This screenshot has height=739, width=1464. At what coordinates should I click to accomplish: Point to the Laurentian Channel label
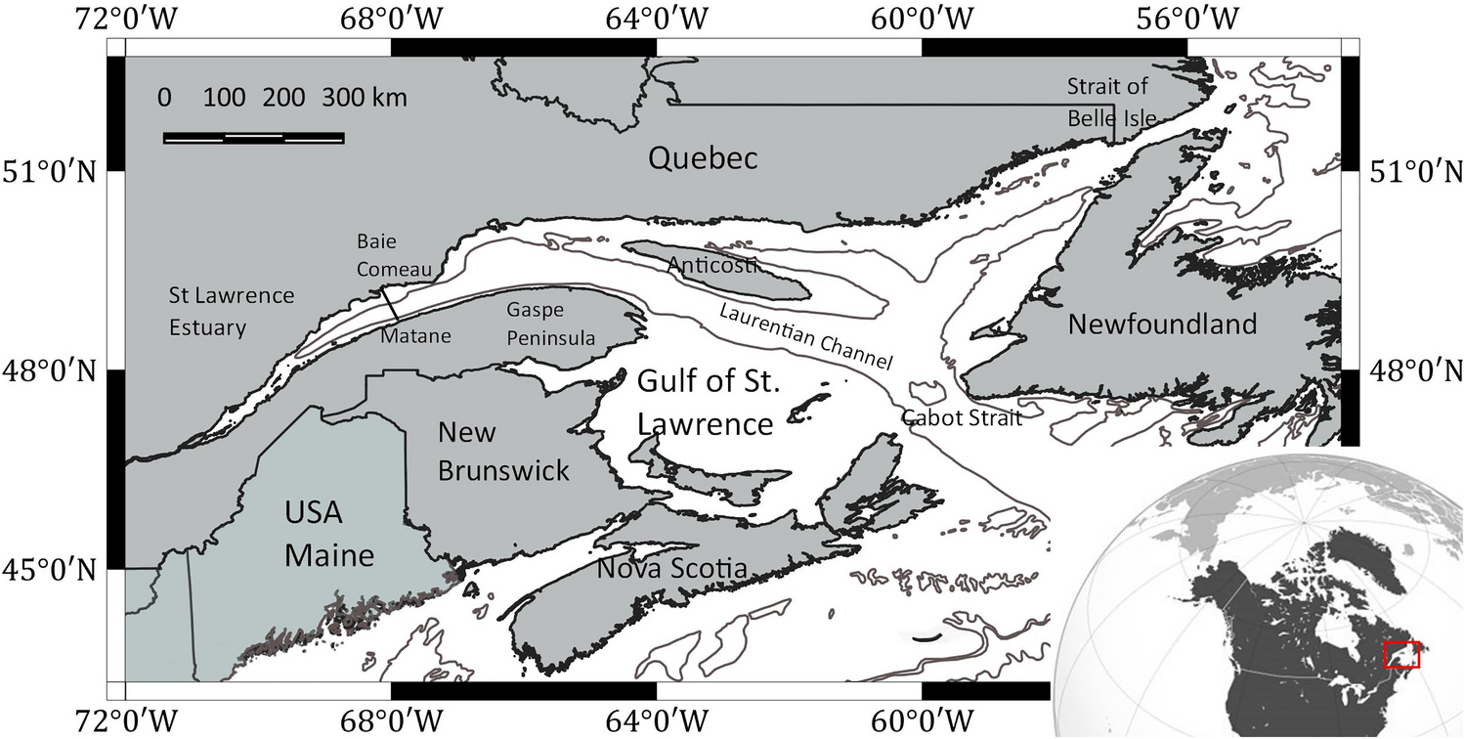805,336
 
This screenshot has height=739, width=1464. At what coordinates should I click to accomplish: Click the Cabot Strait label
962,417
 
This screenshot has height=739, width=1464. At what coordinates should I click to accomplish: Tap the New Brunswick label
502,451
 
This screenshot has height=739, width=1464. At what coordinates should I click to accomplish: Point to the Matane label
416,336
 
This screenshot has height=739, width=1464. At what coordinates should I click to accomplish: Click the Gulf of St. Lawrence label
708,403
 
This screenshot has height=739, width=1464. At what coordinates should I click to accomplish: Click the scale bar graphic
253,138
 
